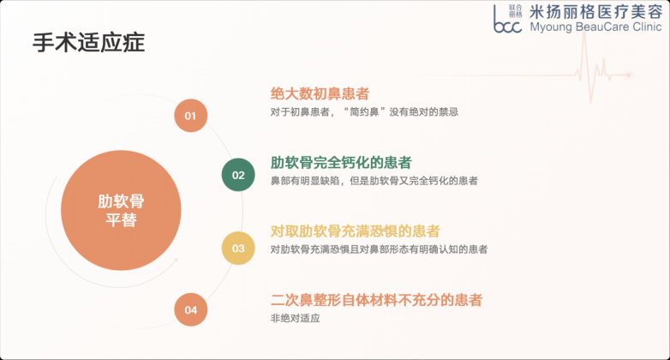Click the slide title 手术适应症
[89, 42]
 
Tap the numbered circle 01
[190, 116]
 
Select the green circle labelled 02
[238, 175]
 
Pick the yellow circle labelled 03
[238, 248]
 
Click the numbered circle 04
[190, 309]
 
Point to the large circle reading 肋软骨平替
[121, 210]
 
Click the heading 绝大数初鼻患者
[320, 93]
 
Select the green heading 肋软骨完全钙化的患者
[341, 163]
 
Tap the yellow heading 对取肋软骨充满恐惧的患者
[355, 231]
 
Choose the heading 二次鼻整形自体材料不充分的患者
[376, 300]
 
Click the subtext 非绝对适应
[295, 318]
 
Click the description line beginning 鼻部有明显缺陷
[374, 181]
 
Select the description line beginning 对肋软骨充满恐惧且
[379, 249]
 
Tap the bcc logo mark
[507, 19]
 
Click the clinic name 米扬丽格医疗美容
[596, 11]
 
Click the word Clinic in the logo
[648, 27]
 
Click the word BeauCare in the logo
[602, 27]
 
